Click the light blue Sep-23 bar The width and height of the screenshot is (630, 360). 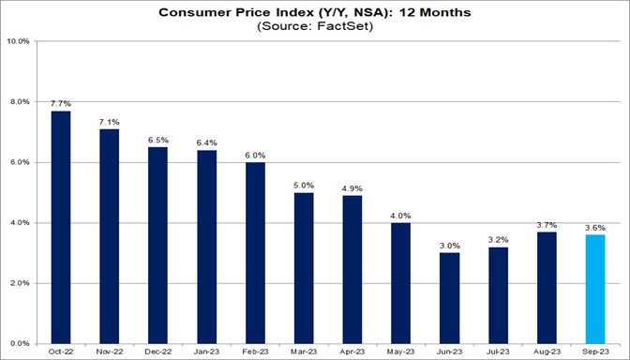(x=595, y=289)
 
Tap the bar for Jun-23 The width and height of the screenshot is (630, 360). (x=450, y=298)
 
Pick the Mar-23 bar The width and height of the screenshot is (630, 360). (x=304, y=268)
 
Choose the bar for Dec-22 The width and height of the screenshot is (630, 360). (x=158, y=245)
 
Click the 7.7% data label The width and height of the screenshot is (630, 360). (x=61, y=102)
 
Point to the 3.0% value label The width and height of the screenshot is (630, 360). (x=450, y=245)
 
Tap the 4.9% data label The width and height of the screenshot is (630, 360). (x=352, y=187)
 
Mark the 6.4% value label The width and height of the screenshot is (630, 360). (x=207, y=142)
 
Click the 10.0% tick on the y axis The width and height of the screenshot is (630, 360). (x=19, y=41)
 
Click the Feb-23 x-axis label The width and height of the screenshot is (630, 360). (x=255, y=352)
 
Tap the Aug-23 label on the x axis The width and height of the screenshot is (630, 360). (x=547, y=352)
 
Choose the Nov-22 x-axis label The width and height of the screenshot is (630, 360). (x=110, y=352)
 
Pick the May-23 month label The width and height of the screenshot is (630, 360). (x=401, y=352)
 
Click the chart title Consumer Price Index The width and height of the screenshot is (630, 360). (x=315, y=13)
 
